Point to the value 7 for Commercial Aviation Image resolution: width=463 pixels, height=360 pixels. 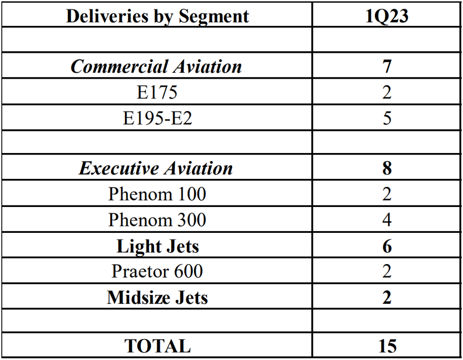(387, 67)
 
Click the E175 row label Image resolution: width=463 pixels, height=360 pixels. (157, 92)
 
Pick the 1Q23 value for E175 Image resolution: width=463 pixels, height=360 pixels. (387, 92)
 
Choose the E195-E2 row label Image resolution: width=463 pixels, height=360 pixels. (157, 117)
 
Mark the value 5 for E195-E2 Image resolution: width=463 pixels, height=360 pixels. (387, 117)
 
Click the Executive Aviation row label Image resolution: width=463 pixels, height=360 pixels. (157, 168)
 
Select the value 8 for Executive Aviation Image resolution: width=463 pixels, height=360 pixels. (387, 168)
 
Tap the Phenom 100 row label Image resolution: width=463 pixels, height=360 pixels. (157, 194)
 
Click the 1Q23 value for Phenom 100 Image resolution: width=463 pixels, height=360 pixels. (387, 194)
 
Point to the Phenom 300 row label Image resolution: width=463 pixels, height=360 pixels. (157, 219)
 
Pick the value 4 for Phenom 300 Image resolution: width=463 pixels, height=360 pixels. (387, 219)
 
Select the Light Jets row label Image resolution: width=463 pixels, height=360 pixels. (157, 246)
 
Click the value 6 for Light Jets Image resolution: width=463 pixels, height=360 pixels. (387, 246)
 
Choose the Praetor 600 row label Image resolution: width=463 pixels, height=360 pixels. (157, 271)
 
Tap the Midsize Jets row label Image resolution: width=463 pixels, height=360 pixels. (157, 297)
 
